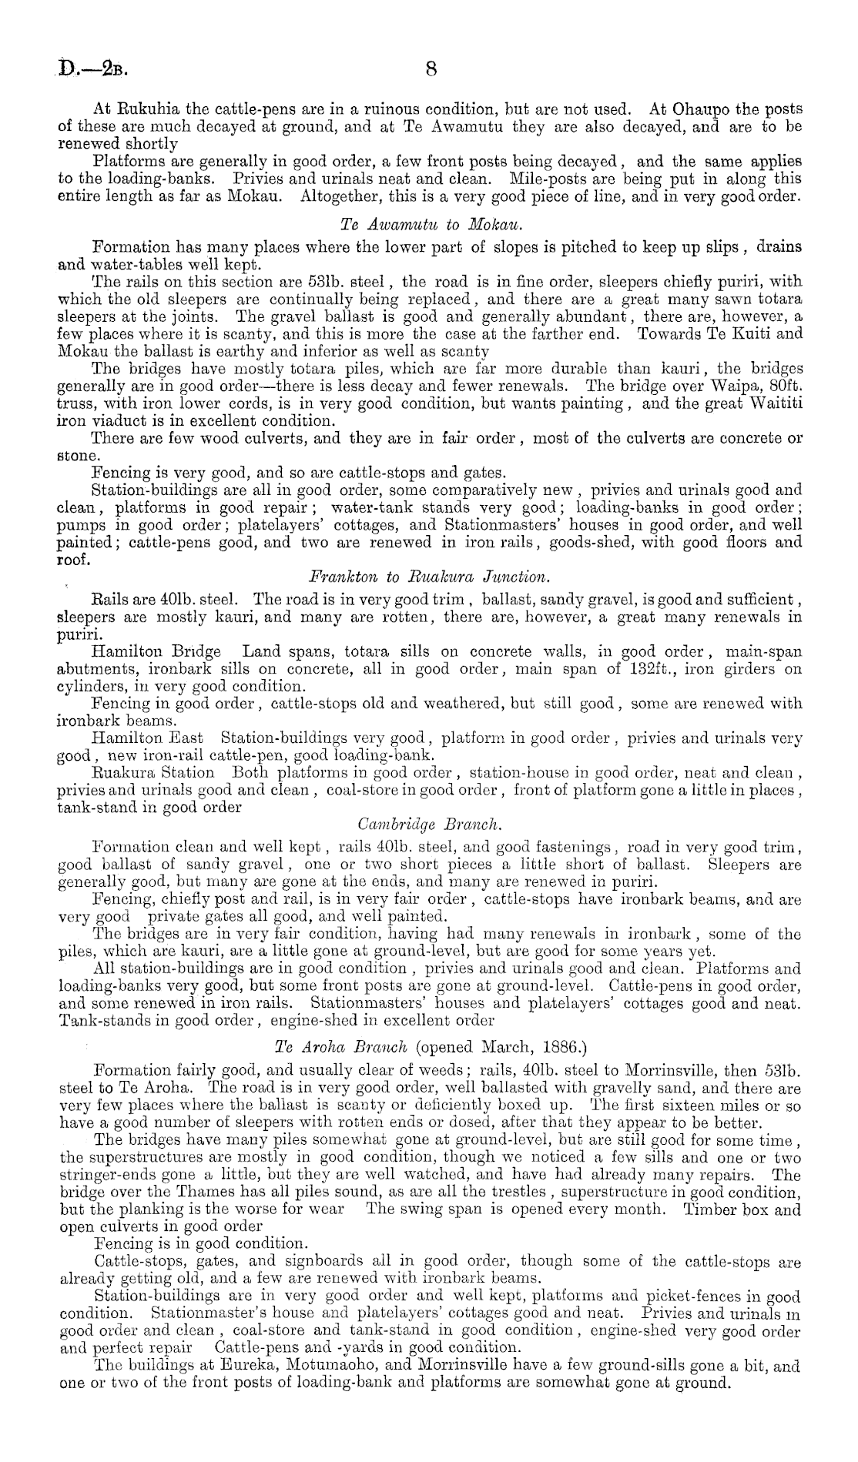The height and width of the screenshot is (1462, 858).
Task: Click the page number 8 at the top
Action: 431,69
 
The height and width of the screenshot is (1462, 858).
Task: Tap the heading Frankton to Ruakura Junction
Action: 428,576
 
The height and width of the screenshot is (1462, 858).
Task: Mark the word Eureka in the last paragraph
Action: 224,1367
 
